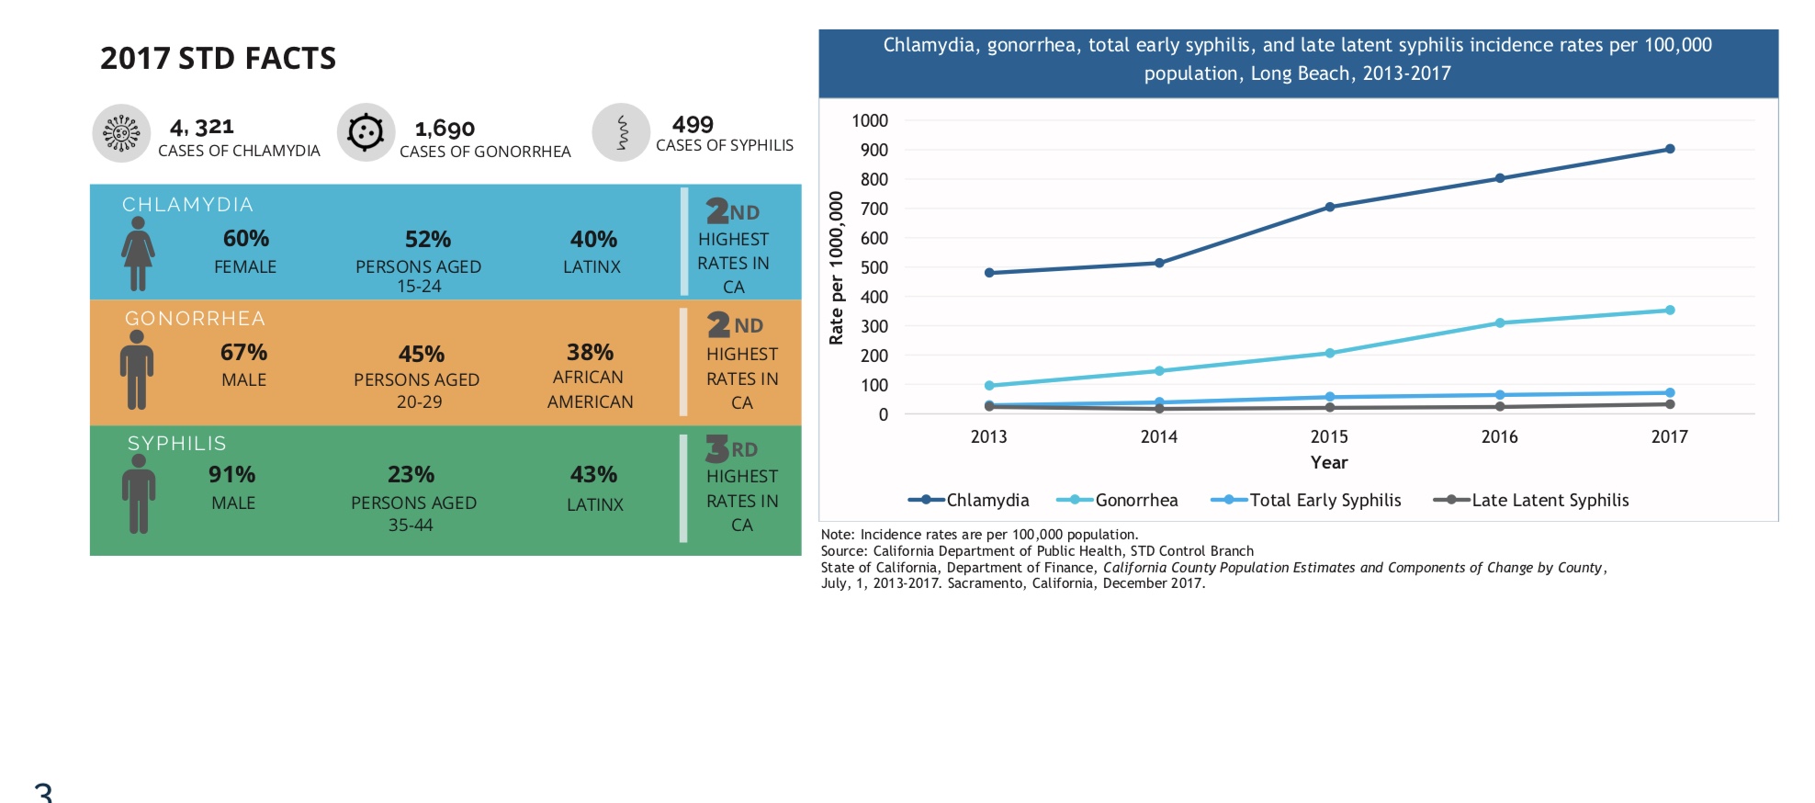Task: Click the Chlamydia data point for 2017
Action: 1669,149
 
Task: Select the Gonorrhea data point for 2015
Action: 1329,353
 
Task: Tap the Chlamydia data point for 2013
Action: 989,273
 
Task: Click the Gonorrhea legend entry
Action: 1117,500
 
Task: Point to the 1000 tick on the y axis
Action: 869,120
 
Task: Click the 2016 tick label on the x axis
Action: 1499,436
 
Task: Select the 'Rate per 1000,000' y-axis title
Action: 836,267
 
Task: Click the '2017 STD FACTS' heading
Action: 218,58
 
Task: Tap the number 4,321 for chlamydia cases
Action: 202,127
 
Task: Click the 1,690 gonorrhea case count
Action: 445,129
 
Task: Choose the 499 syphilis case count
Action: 693,124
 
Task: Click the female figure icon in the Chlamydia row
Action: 138,254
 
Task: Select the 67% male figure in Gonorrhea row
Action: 137,369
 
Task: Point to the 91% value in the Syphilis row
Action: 231,474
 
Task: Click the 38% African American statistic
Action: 590,353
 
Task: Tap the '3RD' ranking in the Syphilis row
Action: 732,449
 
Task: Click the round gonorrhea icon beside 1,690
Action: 366,132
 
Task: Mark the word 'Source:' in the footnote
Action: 844,551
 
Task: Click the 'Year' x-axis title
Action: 1328,462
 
